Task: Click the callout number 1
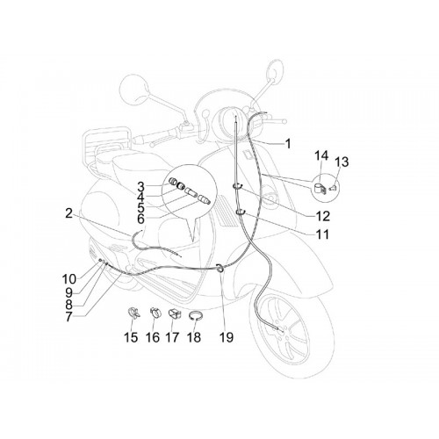tap(288, 144)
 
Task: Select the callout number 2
tap(68, 213)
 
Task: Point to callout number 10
tap(69, 279)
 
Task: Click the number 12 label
tap(323, 216)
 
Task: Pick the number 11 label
tap(322, 234)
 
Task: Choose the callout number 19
tap(227, 337)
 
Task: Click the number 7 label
tap(68, 317)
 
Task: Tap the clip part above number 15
tap(134, 313)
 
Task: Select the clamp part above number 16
tap(155, 313)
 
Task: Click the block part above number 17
tap(175, 314)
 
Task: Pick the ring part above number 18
tap(194, 316)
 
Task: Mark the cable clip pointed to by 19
tap(219, 268)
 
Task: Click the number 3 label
tap(140, 186)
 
